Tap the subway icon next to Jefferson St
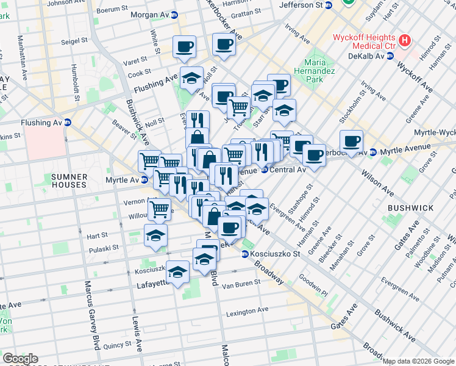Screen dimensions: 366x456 329,5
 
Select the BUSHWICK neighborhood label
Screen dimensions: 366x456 413,208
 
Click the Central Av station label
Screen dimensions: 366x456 287,170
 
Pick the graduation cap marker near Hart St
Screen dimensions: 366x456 155,234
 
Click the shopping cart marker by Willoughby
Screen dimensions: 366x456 159,209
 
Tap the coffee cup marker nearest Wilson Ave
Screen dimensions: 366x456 351,141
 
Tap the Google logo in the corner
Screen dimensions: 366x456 20,359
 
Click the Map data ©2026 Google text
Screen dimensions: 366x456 418,361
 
